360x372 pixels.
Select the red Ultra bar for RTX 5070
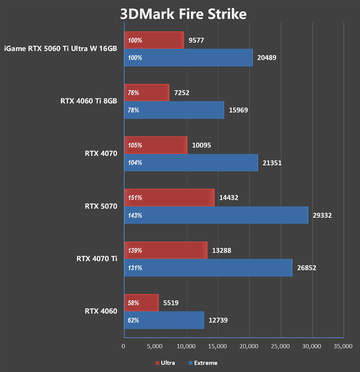coord(169,198)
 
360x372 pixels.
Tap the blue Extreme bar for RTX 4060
coord(164,320)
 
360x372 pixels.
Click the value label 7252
coord(182,93)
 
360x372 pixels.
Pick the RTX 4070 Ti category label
coord(98,259)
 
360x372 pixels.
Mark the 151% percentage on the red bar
coord(135,198)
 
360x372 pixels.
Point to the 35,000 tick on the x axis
coord(343,346)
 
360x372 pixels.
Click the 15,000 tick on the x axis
coord(218,346)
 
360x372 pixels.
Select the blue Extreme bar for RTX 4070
coord(191,163)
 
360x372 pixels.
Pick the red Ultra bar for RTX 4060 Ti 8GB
coord(147,93)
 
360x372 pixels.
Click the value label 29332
coord(323,215)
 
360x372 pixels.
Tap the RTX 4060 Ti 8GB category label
coord(89,101)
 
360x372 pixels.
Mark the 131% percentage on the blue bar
coord(135,268)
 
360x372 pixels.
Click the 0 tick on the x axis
coord(124,346)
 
